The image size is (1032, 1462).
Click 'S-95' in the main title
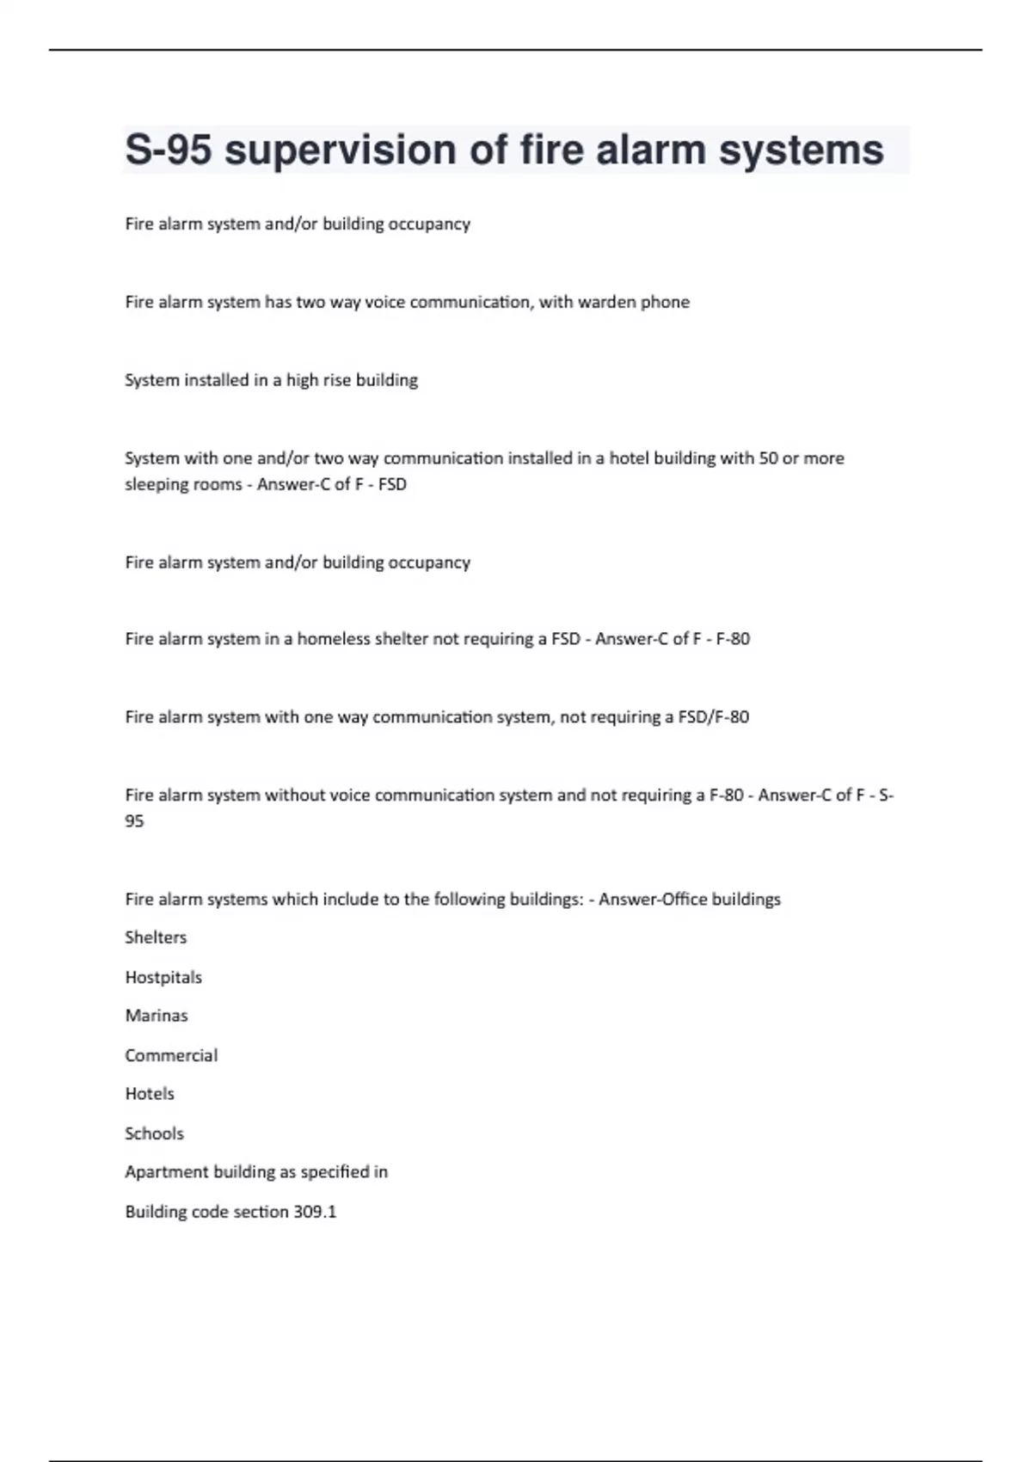tap(169, 150)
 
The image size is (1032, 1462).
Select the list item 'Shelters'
tap(156, 937)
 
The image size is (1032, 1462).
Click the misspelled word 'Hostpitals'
tap(163, 977)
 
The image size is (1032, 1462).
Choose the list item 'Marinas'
tap(157, 1016)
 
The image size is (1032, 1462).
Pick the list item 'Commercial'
tap(171, 1055)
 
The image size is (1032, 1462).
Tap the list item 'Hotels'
tap(150, 1094)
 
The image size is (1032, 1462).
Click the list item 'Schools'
tap(155, 1133)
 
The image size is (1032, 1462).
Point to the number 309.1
tap(315, 1212)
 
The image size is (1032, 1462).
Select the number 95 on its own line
tap(134, 821)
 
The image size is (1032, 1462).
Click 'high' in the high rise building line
tap(303, 380)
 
